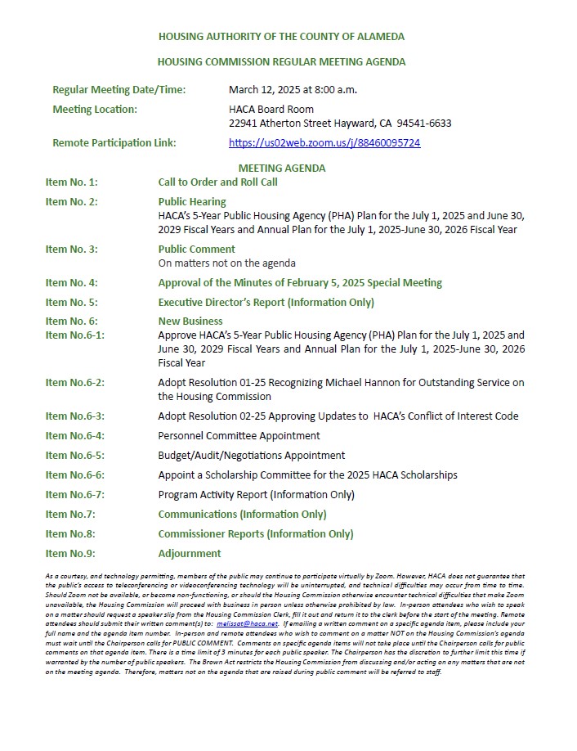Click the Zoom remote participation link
(x=324, y=142)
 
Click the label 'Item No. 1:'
(x=71, y=182)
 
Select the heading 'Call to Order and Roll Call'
(x=217, y=182)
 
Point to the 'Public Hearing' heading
(x=192, y=201)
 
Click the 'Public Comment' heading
(x=196, y=249)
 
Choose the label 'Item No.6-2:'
(x=75, y=382)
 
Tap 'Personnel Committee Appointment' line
(x=239, y=436)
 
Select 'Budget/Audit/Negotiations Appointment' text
(x=251, y=456)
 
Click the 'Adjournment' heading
(x=190, y=554)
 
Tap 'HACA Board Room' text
(x=271, y=109)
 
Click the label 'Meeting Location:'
(x=95, y=109)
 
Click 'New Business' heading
(x=190, y=322)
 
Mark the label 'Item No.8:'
(x=70, y=534)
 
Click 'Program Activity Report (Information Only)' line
(x=256, y=495)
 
